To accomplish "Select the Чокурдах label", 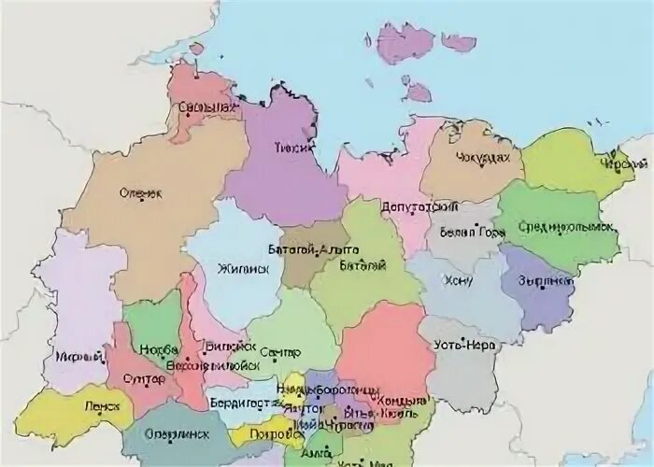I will [484, 159].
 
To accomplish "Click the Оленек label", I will [141, 193].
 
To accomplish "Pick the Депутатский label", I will [412, 205].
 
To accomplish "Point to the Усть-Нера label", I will [457, 345].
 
